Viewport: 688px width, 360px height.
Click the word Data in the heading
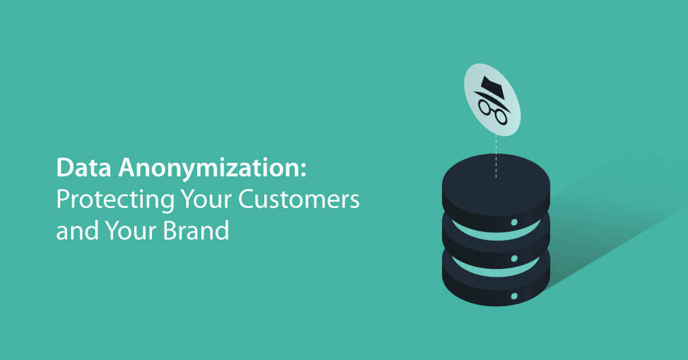click(83, 167)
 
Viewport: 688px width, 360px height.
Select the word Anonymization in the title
click(209, 170)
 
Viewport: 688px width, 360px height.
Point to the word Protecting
click(115, 200)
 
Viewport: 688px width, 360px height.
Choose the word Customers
click(299, 199)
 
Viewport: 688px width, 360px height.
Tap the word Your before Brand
click(131, 230)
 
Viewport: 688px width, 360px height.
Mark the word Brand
click(196, 230)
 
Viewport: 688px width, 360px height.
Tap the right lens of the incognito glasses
click(501, 117)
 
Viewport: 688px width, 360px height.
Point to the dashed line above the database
click(496, 156)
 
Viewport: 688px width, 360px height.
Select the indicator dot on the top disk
click(514, 222)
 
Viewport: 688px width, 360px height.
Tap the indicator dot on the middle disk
click(514, 259)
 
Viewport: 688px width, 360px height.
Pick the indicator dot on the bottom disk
click(514, 296)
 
